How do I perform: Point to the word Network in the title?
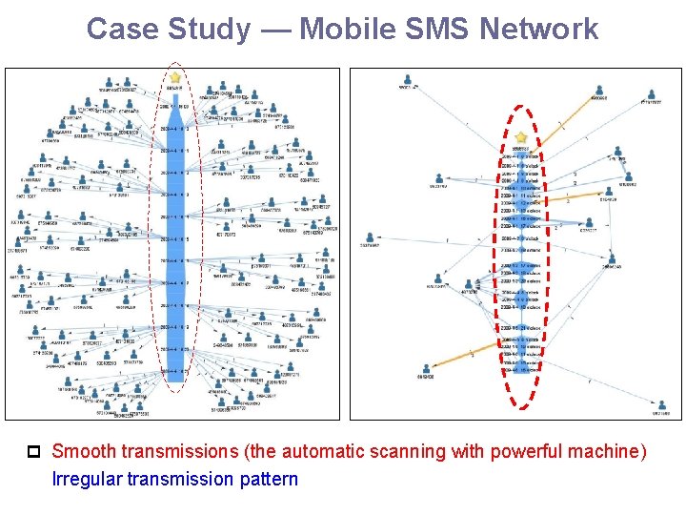pos(539,30)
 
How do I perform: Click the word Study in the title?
pos(204,30)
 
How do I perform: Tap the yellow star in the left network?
pos(175,76)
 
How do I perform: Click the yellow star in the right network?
pos(521,137)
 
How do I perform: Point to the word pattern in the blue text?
pos(268,479)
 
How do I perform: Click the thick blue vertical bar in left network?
pos(174,238)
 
